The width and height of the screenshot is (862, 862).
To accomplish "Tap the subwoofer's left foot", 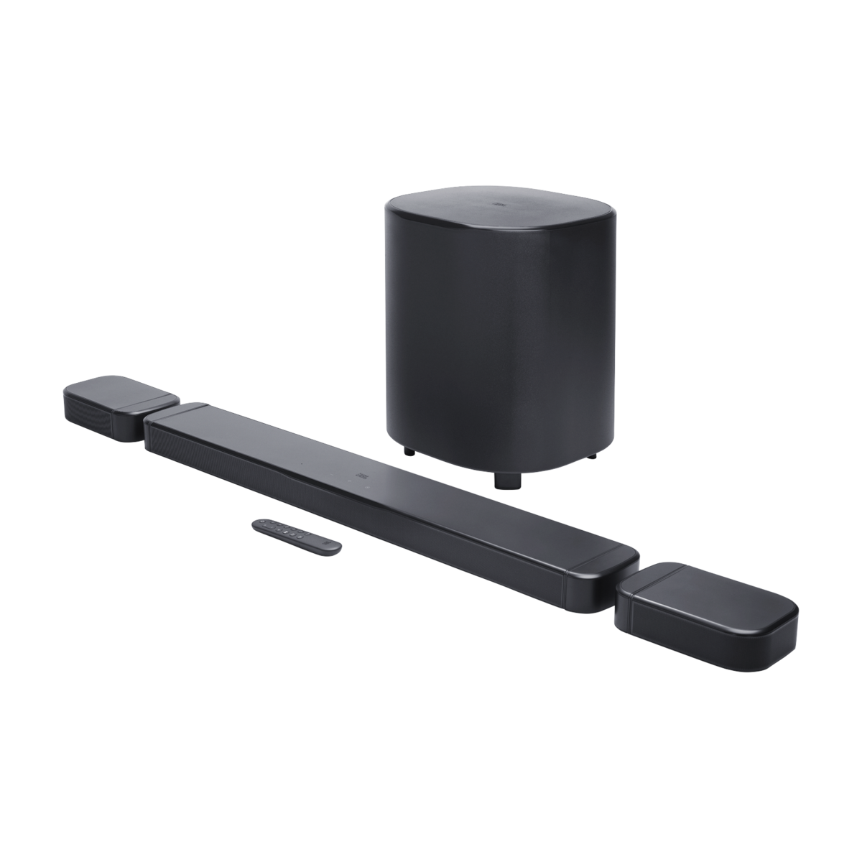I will click(409, 452).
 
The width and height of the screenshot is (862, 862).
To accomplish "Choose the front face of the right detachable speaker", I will click(690, 632).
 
